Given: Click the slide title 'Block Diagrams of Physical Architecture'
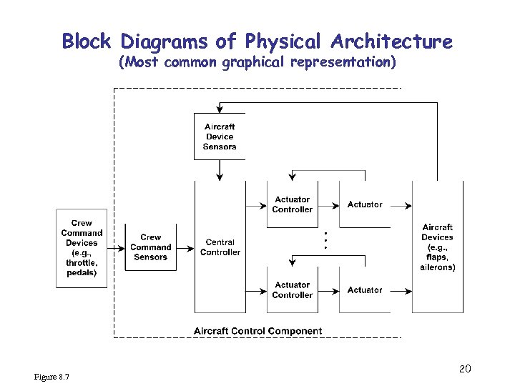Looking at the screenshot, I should tap(257, 41).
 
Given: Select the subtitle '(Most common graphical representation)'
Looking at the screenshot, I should tap(257, 63).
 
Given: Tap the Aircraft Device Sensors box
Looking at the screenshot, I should tap(220, 137).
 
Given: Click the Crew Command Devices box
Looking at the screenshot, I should tap(82, 248).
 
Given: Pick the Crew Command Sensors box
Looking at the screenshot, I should tap(151, 247).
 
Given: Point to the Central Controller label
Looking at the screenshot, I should tap(220, 247).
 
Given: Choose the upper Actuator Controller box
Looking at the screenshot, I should tap(292, 204).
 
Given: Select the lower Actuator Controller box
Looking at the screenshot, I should tap(292, 290).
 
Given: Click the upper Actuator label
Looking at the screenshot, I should tap(365, 204).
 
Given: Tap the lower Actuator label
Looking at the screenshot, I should tap(365, 290).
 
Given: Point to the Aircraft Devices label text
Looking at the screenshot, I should tap(437, 247).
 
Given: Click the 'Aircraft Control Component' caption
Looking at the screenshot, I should tap(257, 331).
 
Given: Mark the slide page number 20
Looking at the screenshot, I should tap(464, 369).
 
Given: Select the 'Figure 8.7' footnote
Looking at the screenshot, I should tap(51, 377).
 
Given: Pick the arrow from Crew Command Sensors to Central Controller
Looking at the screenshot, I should tap(185, 249).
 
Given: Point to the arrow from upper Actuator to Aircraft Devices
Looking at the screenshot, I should tap(401, 205).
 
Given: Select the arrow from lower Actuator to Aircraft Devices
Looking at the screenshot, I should tap(401, 291).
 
